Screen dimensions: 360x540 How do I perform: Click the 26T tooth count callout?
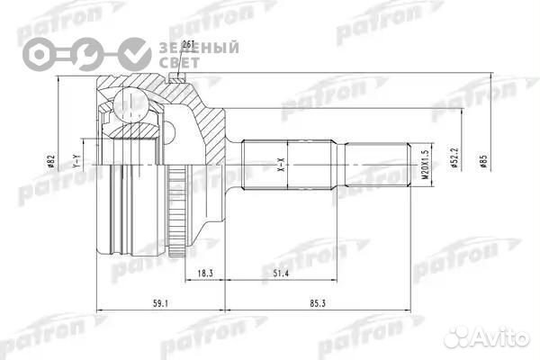coord(188,44)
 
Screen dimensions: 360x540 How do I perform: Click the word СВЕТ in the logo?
coord(172,63)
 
